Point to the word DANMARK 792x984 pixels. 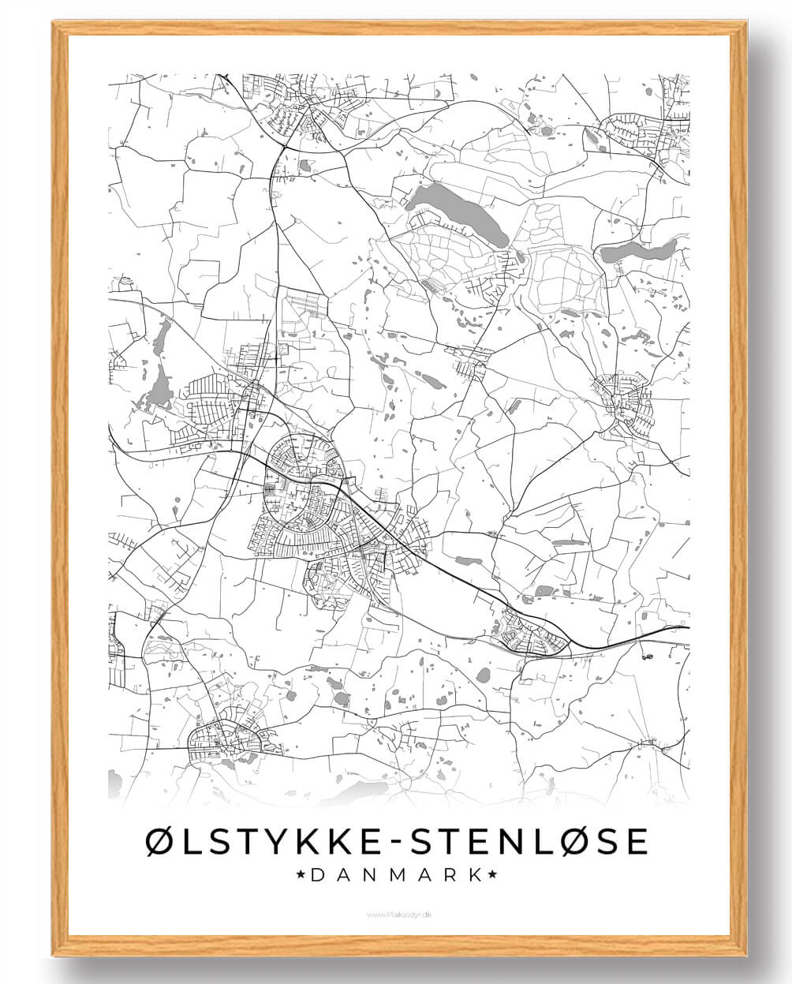(x=397, y=874)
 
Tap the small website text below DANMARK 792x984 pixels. (x=397, y=915)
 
